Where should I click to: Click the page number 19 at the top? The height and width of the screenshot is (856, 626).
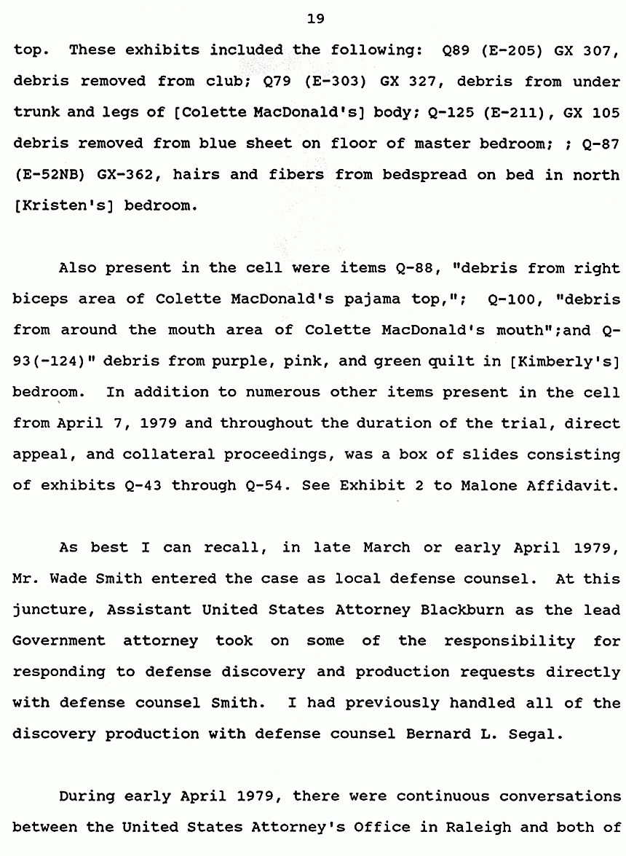(x=315, y=19)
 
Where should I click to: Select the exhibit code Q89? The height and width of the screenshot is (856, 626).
(x=455, y=50)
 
